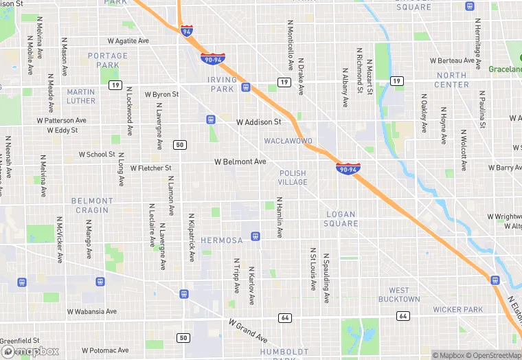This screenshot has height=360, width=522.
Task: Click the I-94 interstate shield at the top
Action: [187, 31]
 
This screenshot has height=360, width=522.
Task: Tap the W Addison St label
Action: [259, 122]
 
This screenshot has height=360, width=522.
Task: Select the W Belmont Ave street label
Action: [240, 162]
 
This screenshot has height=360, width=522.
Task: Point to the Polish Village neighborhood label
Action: [293, 177]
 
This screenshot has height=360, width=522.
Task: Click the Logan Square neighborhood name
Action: [341, 218]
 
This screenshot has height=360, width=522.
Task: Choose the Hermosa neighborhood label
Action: [222, 240]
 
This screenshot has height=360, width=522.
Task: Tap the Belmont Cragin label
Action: [92, 205]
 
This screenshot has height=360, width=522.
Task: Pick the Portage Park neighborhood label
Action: [108, 60]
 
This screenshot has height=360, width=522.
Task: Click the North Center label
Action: [451, 80]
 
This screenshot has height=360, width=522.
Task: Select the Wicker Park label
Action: [458, 310]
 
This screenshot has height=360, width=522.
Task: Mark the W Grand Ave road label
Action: [248, 330]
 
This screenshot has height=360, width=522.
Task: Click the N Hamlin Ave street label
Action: [280, 218]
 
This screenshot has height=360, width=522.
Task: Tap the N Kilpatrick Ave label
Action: [191, 238]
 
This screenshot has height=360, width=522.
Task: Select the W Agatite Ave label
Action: [128, 41]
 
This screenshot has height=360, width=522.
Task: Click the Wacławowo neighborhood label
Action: [288, 141]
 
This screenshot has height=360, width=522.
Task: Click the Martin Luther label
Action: [81, 96]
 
